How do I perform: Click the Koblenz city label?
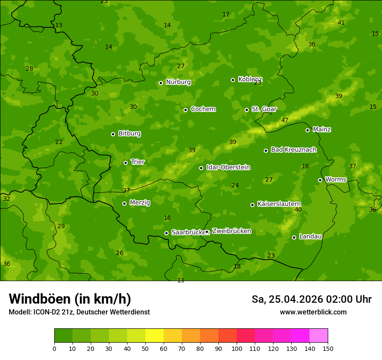point(250,79)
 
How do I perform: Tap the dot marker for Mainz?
point(307,130)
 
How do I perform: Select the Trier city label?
point(138,162)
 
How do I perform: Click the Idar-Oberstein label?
point(228,167)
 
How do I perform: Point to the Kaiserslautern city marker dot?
point(252,205)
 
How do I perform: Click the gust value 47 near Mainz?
point(285,120)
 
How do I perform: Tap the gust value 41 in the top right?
point(341,23)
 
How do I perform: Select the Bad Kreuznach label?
point(293,150)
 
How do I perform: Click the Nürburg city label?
point(178,82)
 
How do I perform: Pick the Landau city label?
point(310,236)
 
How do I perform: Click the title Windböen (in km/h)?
point(70,299)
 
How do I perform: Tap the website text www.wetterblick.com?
point(313,312)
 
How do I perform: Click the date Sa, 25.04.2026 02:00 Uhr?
point(311,299)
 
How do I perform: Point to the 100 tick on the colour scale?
point(237,348)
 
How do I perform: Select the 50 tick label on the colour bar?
point(145,348)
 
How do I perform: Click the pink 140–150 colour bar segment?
point(319,336)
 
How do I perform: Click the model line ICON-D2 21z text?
point(79,312)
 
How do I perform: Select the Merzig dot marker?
point(124,203)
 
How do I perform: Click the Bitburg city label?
point(129,134)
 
